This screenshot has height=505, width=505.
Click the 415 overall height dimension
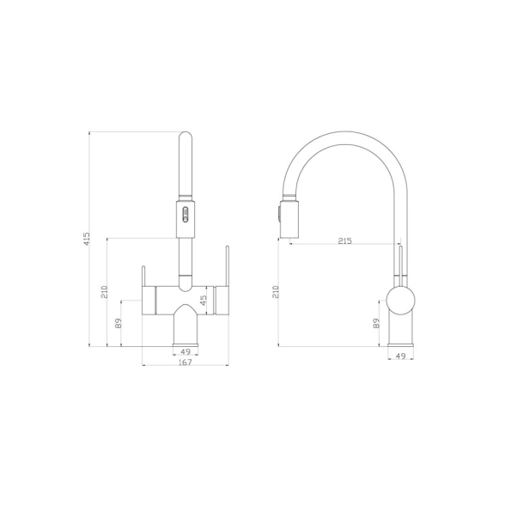(86, 240)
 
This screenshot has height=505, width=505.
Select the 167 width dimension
(186, 362)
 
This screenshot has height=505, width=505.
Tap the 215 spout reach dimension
(345, 240)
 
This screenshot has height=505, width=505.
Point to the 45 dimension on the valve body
(204, 301)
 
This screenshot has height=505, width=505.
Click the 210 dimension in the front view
(105, 292)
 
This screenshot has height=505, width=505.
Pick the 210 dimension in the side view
(277, 292)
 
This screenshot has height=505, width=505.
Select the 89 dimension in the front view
(119, 323)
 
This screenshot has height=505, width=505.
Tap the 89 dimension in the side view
(376, 323)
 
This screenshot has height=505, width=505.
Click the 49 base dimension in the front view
(186, 352)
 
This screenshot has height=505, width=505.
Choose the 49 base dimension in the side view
(400, 356)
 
